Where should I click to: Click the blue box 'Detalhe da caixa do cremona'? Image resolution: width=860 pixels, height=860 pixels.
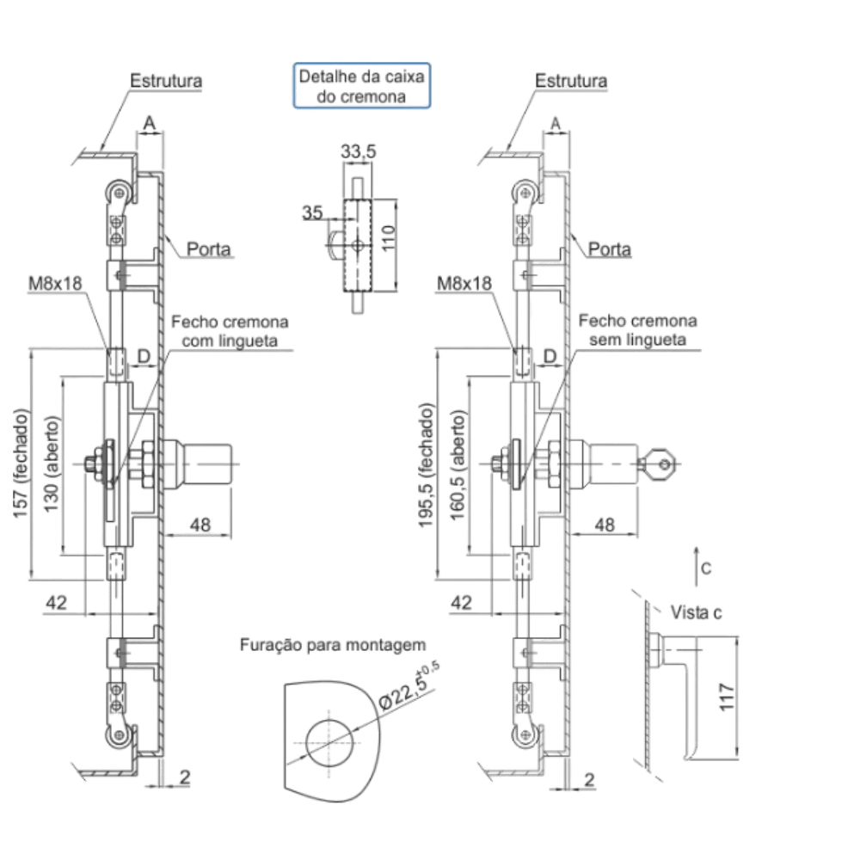pos(362,85)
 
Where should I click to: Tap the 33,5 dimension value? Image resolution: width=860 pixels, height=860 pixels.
pos(358,151)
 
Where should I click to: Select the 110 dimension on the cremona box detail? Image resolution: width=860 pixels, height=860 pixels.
pos(389,238)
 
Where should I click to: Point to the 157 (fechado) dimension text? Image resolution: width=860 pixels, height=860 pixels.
pos(21,464)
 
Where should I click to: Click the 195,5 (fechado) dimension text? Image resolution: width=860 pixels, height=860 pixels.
pos(427,465)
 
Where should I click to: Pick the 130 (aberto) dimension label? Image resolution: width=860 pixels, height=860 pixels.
pos(51,464)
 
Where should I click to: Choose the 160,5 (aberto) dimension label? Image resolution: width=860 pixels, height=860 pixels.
pos(458,465)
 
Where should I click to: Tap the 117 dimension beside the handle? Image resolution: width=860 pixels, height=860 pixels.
pos(726,697)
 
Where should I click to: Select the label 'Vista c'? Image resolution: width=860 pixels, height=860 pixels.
pos(696,612)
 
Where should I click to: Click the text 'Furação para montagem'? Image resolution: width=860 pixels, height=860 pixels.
pos(333,645)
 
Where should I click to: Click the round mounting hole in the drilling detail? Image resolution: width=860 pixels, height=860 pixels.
pos(329,744)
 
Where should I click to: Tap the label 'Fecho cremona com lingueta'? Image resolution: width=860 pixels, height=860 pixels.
pos(230,331)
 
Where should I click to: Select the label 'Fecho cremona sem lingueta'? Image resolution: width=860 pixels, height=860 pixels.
pos(637,330)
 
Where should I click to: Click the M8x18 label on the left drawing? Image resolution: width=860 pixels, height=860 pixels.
pos(55,284)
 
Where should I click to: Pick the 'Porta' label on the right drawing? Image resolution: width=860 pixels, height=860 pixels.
pos(610,249)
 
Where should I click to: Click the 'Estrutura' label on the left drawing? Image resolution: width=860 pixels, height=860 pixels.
pos(166,81)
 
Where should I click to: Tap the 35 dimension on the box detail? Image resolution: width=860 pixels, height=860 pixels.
pos(313,212)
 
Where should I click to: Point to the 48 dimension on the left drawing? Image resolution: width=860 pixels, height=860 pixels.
pos(200,525)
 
